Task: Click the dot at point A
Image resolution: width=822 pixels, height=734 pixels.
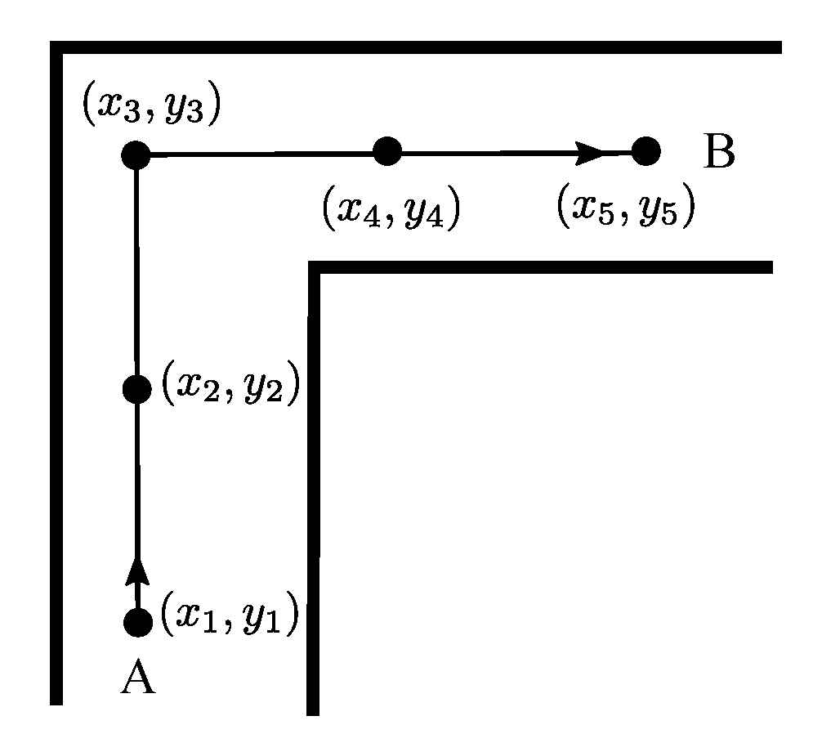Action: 137,623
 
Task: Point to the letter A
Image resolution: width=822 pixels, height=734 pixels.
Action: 137,678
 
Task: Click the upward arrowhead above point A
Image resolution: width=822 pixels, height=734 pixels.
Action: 137,571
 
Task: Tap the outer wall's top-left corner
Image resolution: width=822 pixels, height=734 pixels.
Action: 56,47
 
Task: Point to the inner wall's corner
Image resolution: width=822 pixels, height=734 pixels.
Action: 314,267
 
